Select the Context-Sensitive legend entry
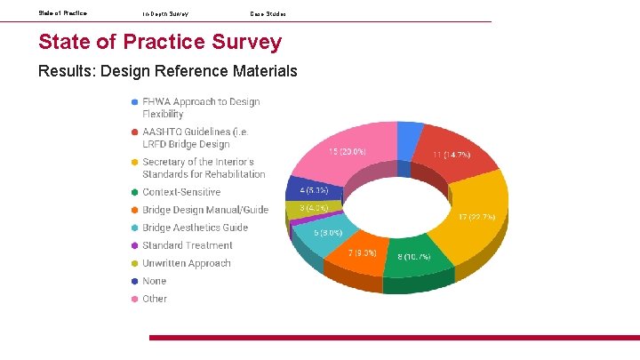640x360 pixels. (x=181, y=192)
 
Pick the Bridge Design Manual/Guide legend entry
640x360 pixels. (x=204, y=210)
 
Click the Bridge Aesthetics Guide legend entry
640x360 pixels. (x=195, y=228)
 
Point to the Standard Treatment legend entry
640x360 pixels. (x=188, y=245)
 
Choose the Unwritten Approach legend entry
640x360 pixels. (x=186, y=263)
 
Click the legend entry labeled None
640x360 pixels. (x=154, y=281)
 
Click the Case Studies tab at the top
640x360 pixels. (x=268, y=13)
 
